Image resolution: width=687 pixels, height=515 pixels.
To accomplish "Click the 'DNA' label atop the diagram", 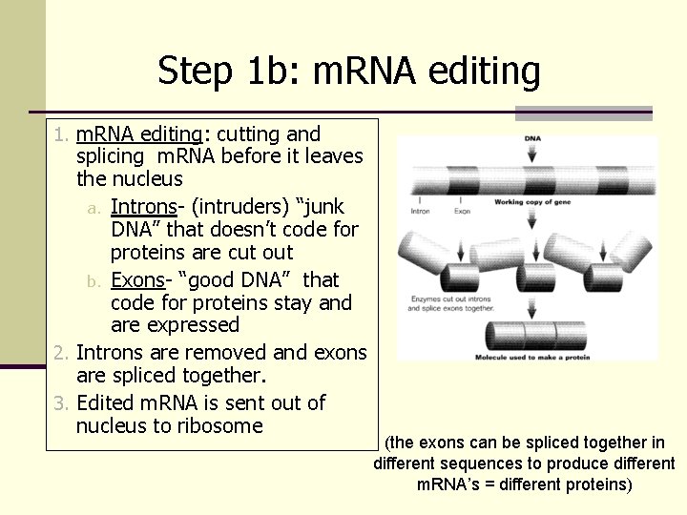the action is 531,139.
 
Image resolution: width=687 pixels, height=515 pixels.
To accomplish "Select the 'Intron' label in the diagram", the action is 420,211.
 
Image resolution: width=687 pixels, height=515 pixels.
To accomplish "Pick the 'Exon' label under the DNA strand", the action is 461,211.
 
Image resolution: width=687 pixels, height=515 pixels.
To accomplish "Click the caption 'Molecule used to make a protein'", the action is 531,358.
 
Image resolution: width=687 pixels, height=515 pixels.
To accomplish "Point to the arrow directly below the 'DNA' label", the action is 531,157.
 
